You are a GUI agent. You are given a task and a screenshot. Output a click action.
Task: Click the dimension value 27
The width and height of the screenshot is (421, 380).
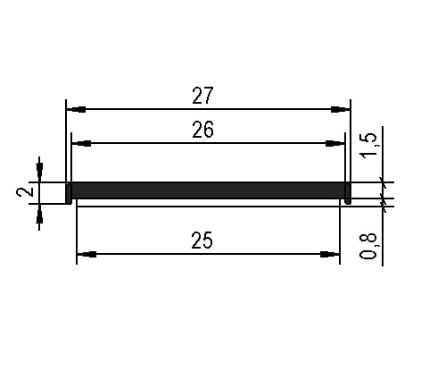pos(202,96)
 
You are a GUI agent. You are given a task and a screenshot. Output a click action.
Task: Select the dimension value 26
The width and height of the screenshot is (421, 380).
pos(202,130)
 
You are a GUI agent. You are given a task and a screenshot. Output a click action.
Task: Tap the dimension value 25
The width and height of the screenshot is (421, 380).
pos(202,241)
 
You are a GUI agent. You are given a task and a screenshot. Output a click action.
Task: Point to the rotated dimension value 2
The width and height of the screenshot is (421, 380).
pos(25,192)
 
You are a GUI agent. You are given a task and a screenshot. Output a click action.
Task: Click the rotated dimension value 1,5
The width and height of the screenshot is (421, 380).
pos(368,145)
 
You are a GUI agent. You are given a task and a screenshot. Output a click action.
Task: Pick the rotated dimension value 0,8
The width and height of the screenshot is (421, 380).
pos(368,247)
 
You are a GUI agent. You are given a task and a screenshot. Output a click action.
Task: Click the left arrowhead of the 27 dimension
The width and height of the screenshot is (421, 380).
pos(76,109)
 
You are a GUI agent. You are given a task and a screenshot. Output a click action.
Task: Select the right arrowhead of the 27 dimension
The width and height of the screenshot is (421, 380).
pos(341,109)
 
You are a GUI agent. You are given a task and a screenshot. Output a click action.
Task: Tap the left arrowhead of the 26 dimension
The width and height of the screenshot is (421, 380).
pos(81,143)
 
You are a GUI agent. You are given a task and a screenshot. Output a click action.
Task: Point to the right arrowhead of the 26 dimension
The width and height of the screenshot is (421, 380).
pos(335,143)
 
